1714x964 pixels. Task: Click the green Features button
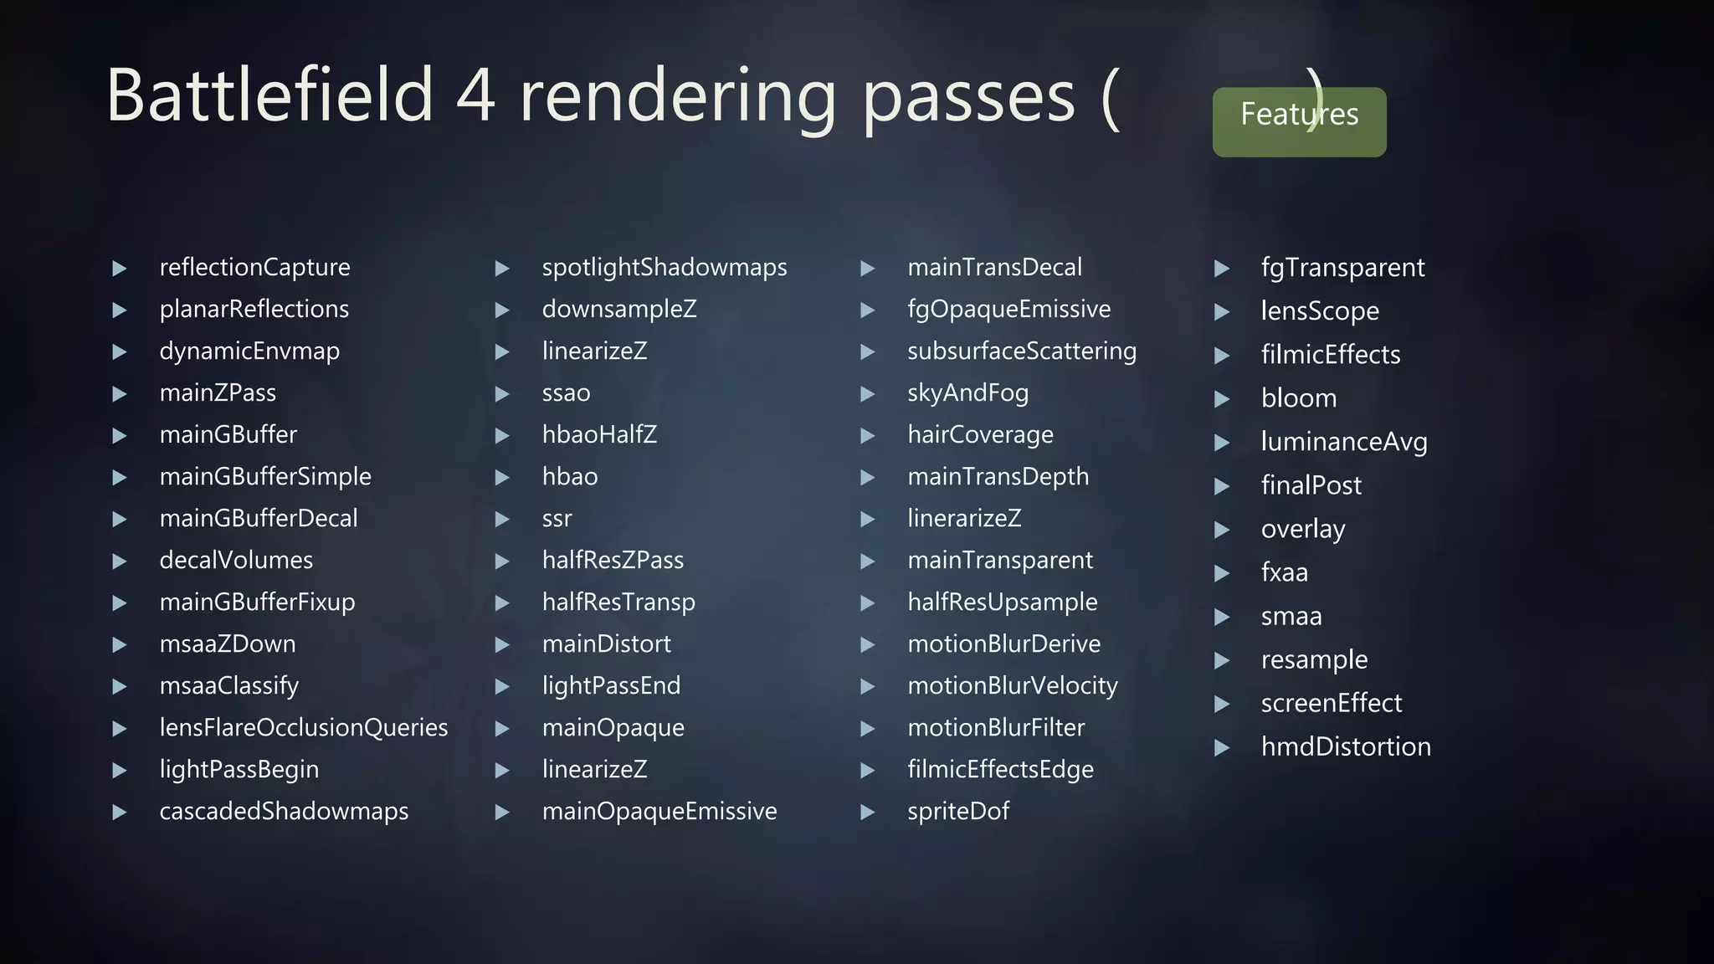(x=1299, y=121)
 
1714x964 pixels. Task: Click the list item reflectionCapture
(x=254, y=268)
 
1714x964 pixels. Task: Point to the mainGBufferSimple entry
(x=265, y=477)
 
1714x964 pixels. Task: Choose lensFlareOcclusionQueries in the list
(x=303, y=728)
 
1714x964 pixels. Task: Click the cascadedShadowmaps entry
(x=284, y=812)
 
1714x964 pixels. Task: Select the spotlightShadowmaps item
(x=664, y=268)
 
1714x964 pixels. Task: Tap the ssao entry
(x=566, y=393)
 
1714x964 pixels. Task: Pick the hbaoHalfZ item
(x=599, y=435)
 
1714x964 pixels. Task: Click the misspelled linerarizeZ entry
(x=964, y=519)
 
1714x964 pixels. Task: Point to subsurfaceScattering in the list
(x=1021, y=351)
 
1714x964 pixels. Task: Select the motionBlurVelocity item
(x=1012, y=686)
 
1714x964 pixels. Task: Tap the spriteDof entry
(x=958, y=812)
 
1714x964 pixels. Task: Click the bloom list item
(x=1298, y=398)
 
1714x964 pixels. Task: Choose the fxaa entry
(x=1284, y=573)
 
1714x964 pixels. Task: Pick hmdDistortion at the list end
(x=1345, y=747)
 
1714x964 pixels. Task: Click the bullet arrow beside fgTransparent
(x=1222, y=269)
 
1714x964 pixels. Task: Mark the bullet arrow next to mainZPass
(x=120, y=394)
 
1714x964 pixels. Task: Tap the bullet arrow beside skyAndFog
(x=868, y=394)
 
